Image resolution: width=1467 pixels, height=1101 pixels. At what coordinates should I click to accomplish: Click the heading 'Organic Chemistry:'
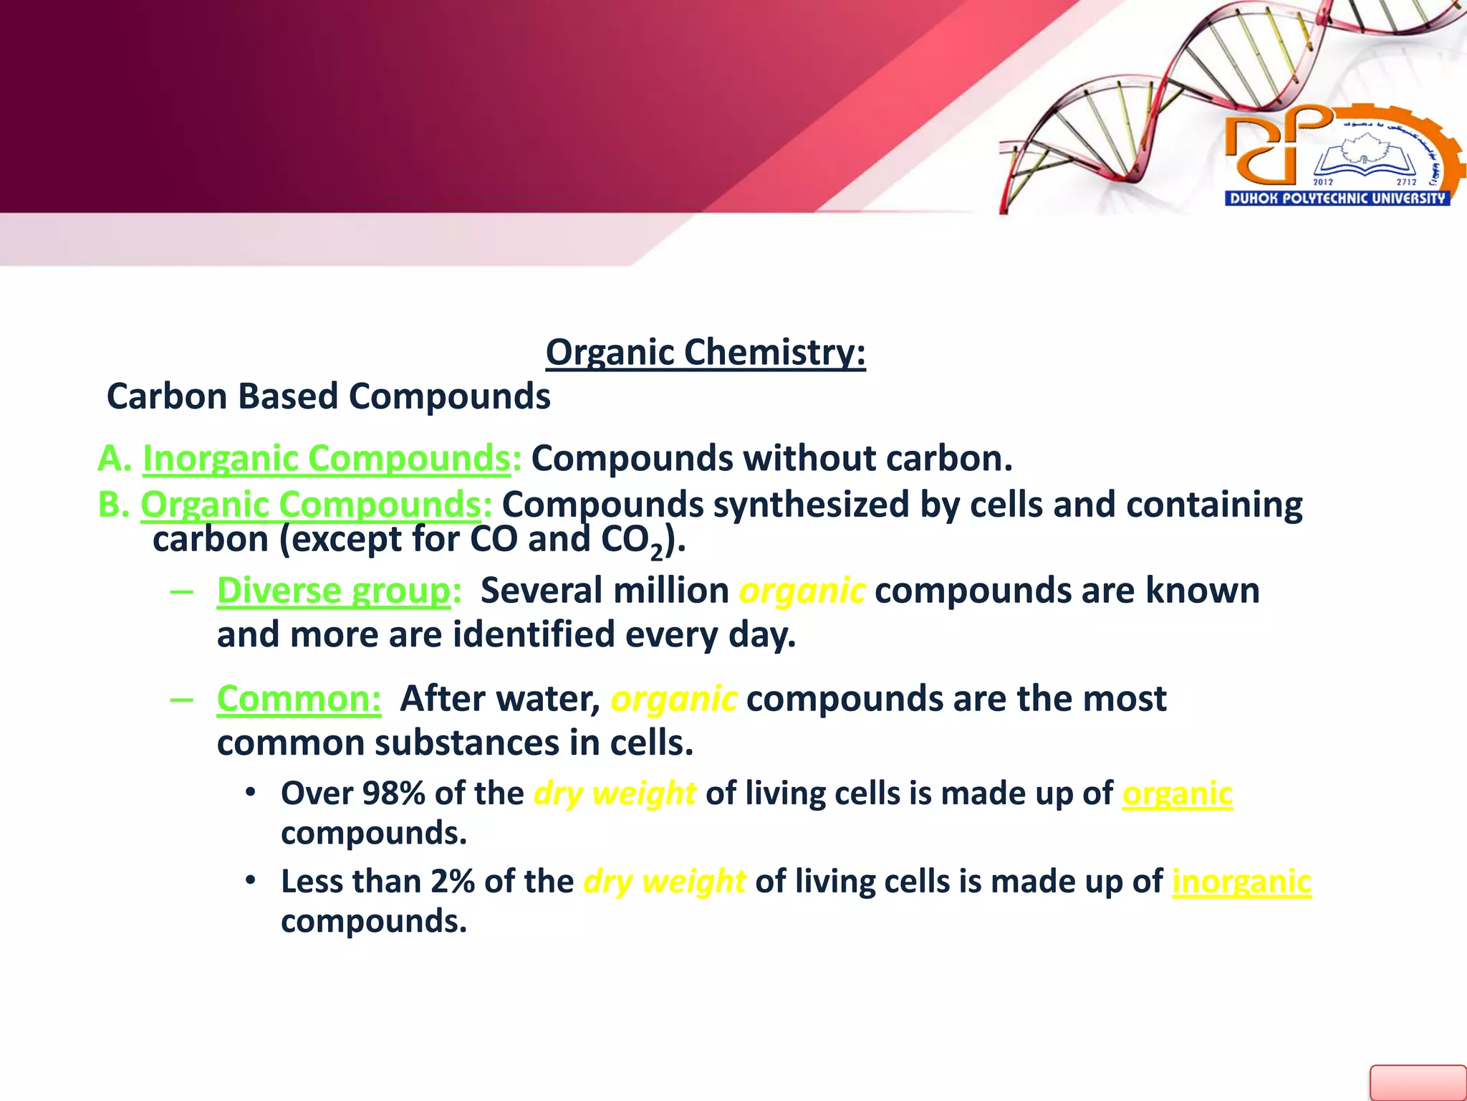(706, 353)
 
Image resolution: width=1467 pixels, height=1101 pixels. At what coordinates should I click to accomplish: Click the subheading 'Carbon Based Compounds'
(328, 396)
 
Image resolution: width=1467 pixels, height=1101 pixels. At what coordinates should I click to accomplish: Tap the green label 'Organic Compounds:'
(316, 505)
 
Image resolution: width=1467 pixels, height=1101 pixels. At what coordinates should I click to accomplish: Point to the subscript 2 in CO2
(656, 552)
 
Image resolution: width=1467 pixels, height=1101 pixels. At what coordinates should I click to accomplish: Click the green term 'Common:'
(299, 699)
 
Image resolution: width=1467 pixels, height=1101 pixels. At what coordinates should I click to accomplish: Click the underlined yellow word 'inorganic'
(1241, 882)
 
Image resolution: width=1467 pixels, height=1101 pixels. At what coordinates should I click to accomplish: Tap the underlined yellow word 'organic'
(1177, 793)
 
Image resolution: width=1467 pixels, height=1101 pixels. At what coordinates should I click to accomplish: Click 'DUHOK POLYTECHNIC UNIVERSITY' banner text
(1337, 199)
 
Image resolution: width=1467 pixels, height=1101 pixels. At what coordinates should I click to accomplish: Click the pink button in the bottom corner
(1418, 1082)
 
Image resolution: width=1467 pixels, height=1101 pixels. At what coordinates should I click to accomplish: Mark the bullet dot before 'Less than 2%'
(250, 880)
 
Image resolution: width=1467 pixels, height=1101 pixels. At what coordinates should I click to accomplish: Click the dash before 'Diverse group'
(182, 592)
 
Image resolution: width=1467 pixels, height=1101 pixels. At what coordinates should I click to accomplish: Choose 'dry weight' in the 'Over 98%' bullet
(615, 793)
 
